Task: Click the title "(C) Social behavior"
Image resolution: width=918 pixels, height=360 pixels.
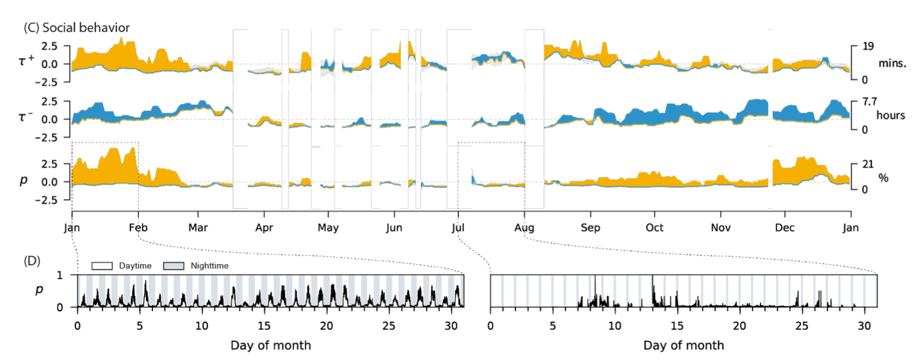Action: click(76, 27)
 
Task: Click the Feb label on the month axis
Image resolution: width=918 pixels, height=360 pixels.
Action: click(139, 228)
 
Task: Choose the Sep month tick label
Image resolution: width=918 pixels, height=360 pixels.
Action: click(590, 228)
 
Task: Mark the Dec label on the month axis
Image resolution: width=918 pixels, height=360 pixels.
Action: click(784, 228)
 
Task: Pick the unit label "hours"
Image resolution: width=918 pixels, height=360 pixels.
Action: click(891, 115)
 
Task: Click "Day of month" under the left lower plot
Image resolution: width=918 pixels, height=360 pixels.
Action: click(271, 346)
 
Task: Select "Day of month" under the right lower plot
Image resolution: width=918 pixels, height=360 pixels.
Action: click(683, 346)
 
